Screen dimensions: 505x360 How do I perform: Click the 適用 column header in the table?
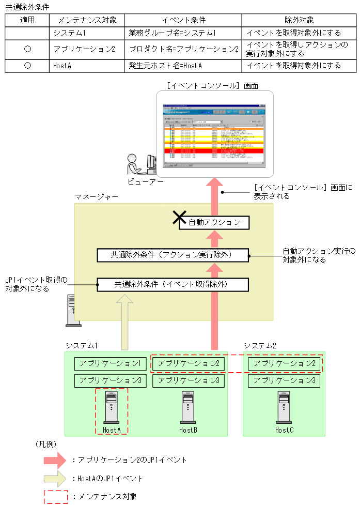(x=27, y=20)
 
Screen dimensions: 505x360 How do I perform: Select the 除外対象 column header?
(x=299, y=20)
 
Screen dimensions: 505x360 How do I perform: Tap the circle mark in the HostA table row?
(x=27, y=66)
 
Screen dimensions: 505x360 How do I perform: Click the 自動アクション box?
(x=214, y=223)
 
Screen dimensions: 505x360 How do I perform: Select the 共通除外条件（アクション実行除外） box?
(x=173, y=255)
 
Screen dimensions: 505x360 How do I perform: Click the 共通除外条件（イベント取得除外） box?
(x=173, y=284)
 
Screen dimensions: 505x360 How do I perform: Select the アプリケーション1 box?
(x=111, y=363)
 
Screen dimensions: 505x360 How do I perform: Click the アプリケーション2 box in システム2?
(x=284, y=363)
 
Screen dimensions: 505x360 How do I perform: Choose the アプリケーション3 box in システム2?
(x=284, y=381)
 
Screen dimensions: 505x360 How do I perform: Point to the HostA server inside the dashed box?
(x=112, y=407)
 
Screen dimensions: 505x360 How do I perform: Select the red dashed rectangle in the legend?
(x=56, y=496)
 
